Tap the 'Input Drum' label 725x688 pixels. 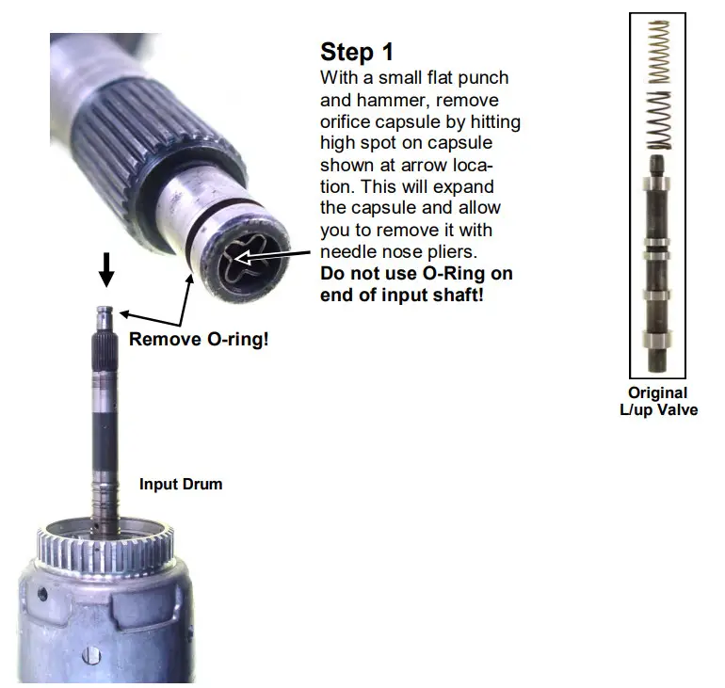181,485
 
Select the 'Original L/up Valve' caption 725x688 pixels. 658,401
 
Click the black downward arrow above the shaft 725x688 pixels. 107,270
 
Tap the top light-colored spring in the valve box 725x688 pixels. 659,53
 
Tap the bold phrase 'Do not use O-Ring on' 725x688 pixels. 416,274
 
